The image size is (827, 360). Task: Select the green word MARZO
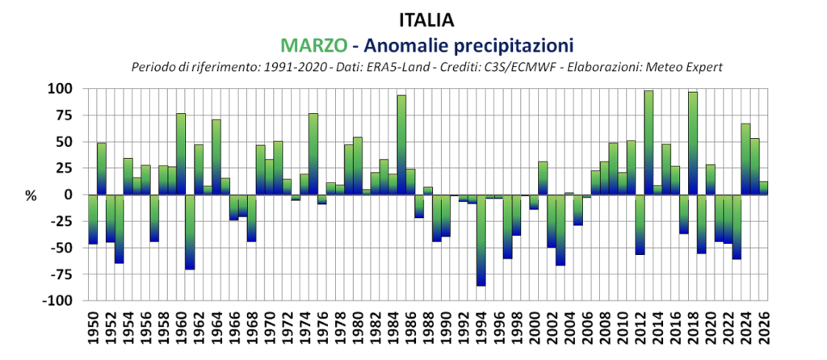[x=310, y=43]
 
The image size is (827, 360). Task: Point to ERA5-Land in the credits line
[x=416, y=66]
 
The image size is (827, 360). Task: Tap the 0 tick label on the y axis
[x=69, y=195]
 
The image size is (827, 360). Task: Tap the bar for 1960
[x=180, y=153]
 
